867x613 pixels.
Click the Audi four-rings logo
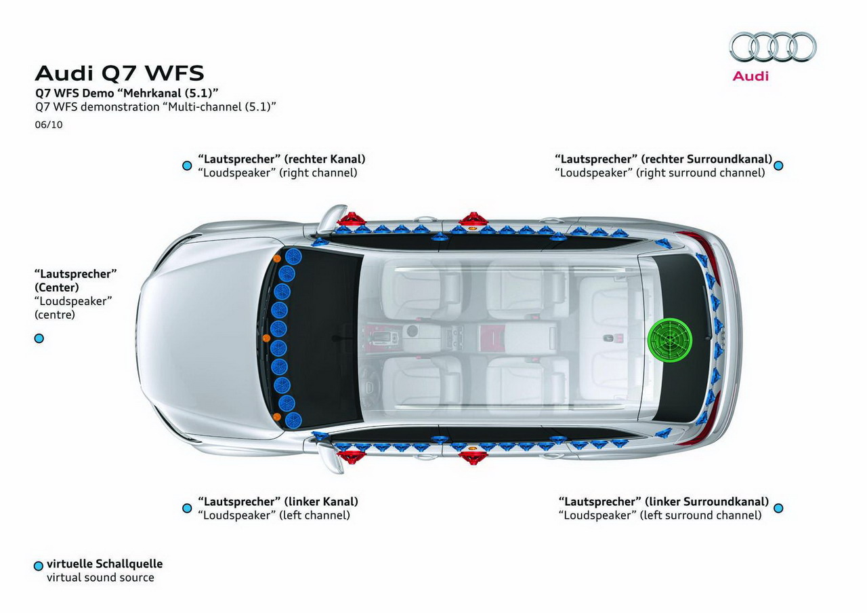tap(773, 47)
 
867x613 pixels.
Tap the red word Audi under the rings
tap(750, 76)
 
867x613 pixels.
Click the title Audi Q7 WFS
tap(119, 73)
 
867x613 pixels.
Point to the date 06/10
tap(48, 125)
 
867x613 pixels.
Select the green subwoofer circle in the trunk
tap(670, 340)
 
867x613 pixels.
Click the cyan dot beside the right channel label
tap(187, 166)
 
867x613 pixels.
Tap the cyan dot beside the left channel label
tap(187, 508)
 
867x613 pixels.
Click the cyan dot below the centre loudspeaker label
tap(39, 338)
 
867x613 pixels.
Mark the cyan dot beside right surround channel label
tap(778, 166)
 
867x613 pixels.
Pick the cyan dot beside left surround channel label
tap(778, 508)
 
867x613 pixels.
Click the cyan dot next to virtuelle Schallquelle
tap(39, 566)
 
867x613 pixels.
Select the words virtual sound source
tap(100, 577)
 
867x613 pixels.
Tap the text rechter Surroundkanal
tap(706, 159)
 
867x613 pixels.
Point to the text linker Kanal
tap(321, 501)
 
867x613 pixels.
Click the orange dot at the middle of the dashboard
tap(266, 338)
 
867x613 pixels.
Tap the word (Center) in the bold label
tap(56, 288)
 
